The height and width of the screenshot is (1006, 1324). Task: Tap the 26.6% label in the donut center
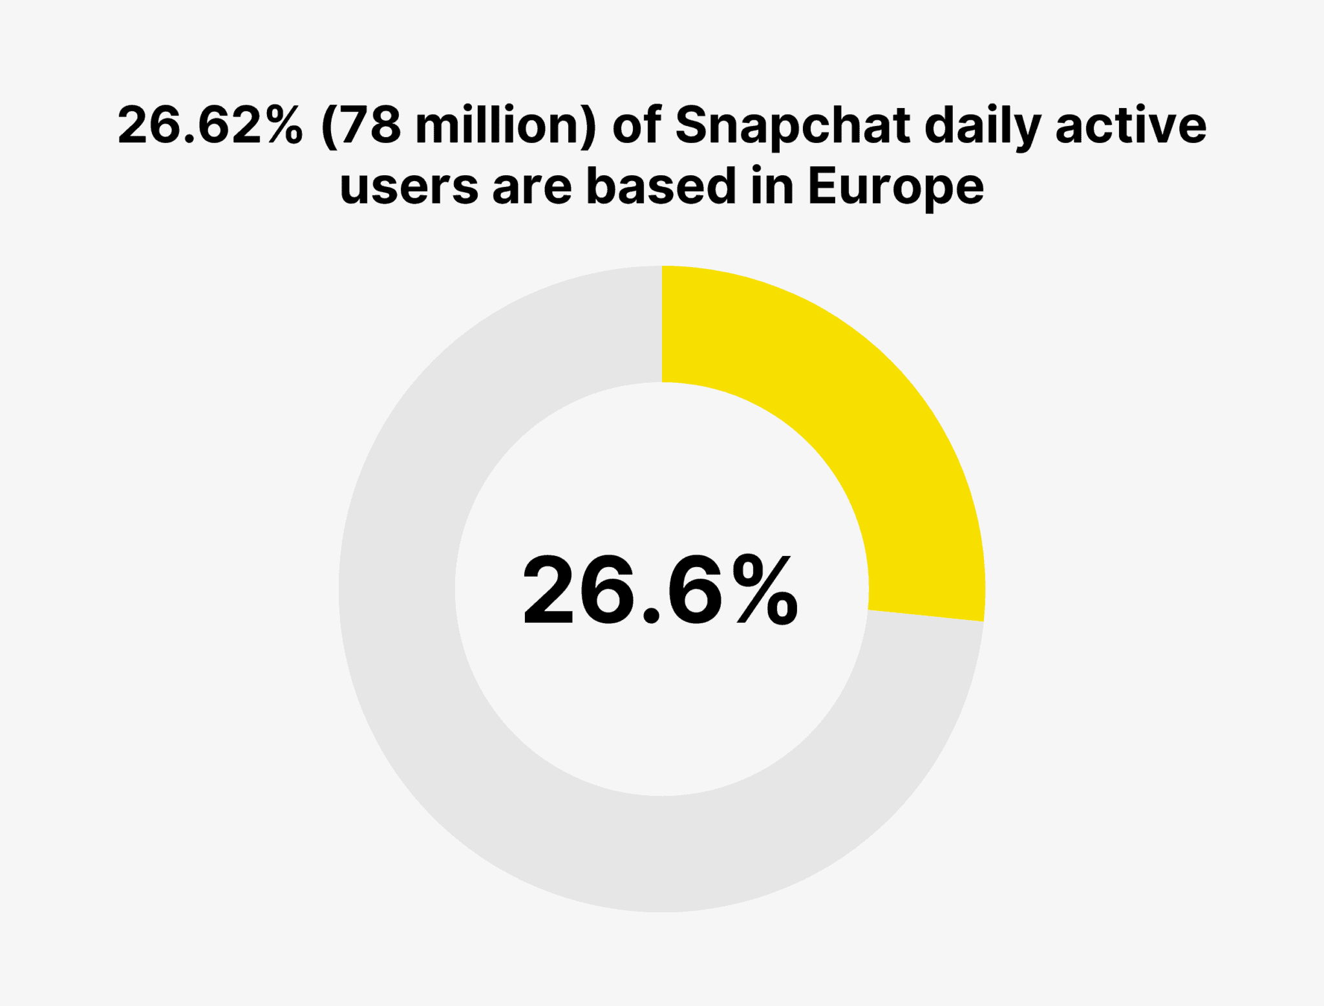(x=660, y=590)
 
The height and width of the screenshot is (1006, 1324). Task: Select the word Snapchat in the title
(x=793, y=125)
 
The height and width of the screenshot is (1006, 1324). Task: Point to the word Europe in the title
(x=896, y=186)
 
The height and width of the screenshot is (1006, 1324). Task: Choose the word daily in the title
(x=982, y=125)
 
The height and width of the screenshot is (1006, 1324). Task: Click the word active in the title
(x=1131, y=125)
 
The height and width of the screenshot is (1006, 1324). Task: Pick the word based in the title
(x=661, y=186)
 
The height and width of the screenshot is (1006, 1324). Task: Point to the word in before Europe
(x=772, y=186)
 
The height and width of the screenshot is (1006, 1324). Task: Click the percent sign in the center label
(x=763, y=590)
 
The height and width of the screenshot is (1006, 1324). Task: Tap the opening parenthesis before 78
(x=330, y=125)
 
